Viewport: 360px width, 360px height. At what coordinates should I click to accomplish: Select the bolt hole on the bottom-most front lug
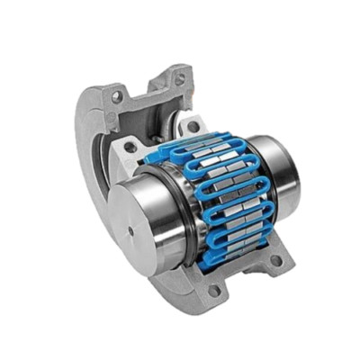click(x=214, y=291)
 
